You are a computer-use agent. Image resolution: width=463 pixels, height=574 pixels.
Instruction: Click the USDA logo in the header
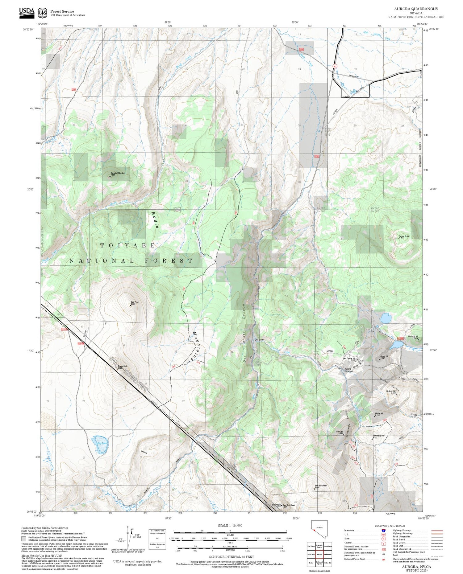[x=27, y=13]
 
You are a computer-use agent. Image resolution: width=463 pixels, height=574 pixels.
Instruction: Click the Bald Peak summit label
[x=135, y=303]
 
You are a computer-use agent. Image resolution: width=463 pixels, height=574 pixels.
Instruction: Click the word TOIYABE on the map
[x=128, y=245]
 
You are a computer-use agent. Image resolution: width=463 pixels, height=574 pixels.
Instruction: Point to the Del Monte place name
[x=260, y=340]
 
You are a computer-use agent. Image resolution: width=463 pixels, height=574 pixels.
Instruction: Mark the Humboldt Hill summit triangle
[x=419, y=339]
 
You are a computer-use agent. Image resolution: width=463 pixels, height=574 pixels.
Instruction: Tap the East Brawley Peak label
[x=321, y=486]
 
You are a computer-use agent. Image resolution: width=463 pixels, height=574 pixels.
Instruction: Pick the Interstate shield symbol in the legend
[x=383, y=530]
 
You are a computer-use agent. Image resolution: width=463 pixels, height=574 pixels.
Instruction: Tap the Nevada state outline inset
[x=319, y=529]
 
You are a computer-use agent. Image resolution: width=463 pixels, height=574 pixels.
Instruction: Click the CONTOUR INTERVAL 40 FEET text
[x=231, y=557]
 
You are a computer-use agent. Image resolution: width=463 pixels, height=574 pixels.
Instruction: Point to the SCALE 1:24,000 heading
[x=230, y=525]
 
